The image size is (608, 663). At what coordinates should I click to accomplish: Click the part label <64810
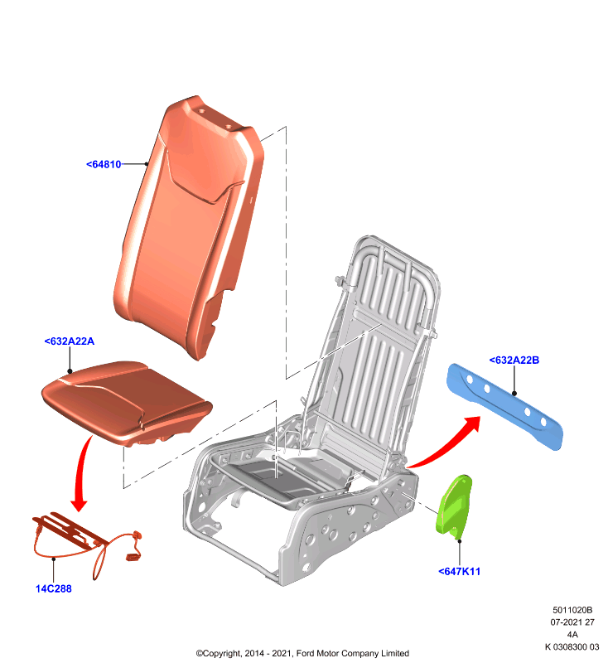click(x=104, y=164)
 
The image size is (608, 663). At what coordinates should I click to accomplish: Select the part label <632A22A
click(x=70, y=341)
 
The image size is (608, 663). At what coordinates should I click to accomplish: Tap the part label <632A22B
click(x=514, y=360)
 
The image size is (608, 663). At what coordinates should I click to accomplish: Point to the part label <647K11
click(x=459, y=571)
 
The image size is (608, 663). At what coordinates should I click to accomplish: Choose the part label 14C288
click(x=54, y=588)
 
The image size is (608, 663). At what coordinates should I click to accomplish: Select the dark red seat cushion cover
click(x=127, y=402)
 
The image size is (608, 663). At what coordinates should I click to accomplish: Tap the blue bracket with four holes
click(x=505, y=406)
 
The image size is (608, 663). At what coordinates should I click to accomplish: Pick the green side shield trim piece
click(x=454, y=506)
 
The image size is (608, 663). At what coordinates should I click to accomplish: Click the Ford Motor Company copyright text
click(x=302, y=653)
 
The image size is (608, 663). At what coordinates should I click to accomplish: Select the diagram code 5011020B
click(x=572, y=610)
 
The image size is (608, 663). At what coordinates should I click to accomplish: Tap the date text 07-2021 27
click(x=572, y=622)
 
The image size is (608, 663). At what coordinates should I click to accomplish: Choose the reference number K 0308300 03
click(x=572, y=646)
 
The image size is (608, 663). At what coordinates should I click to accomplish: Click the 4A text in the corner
click(x=572, y=634)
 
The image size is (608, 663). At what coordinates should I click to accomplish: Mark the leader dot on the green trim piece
click(x=459, y=541)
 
